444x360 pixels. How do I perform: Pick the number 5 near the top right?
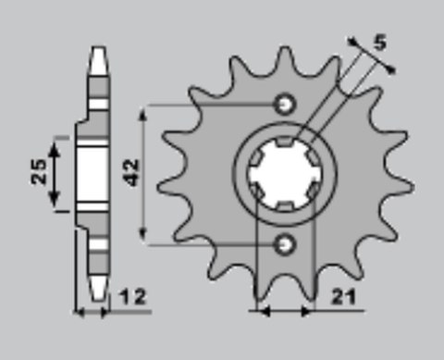[x=380, y=41]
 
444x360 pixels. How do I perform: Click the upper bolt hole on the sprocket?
[x=285, y=102]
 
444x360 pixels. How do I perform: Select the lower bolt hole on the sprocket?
[x=285, y=243]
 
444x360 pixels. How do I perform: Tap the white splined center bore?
[x=284, y=171]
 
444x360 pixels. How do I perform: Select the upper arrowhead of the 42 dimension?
[x=145, y=110]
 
